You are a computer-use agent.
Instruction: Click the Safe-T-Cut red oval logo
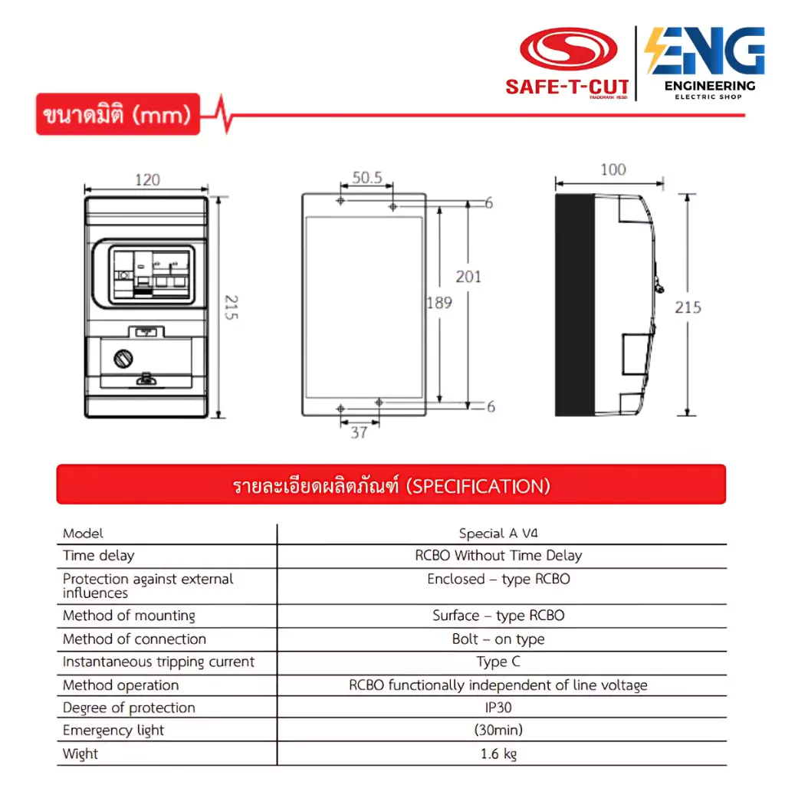coord(568,48)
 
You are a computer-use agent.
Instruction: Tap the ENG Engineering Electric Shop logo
coord(705,63)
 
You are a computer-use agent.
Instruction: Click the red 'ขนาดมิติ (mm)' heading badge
coord(117,114)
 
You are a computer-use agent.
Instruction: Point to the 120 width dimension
coord(147,179)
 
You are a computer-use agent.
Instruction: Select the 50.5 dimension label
coord(367,177)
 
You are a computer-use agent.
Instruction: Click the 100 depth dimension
coord(613,169)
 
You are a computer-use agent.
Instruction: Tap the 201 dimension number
coord(468,276)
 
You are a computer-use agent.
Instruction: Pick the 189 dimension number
coord(439,302)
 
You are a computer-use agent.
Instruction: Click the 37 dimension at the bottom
coord(359,432)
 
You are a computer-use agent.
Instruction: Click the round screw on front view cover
coord(123,359)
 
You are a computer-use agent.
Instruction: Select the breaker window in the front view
coord(152,275)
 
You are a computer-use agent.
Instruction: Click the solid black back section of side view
coord(575,305)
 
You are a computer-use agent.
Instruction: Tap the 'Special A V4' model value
coord(498,534)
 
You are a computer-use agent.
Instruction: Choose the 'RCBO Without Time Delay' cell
coord(498,555)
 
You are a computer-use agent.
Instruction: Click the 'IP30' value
coord(498,708)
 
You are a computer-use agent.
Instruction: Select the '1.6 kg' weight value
coord(498,754)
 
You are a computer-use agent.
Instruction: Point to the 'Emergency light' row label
coord(113,731)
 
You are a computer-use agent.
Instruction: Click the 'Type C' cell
coord(498,662)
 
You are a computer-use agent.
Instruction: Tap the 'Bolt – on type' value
coord(498,639)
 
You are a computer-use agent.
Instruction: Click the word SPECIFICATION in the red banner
coord(478,486)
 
